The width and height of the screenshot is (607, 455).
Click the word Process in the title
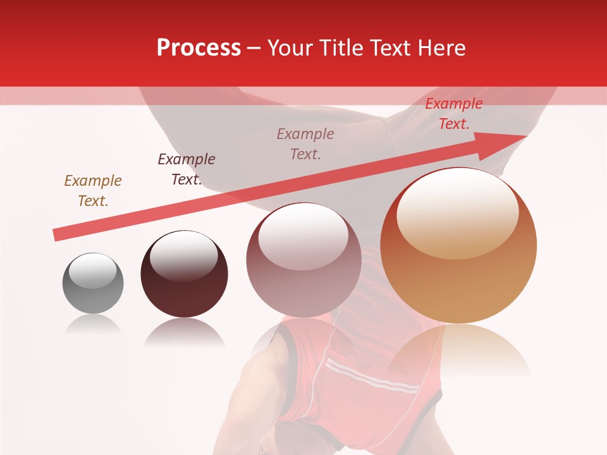point(199,48)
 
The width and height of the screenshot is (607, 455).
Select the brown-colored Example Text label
point(93,191)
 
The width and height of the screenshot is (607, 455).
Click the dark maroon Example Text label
point(187,169)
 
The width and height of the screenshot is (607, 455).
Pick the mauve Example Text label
point(305,144)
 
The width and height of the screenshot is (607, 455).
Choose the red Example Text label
point(454,114)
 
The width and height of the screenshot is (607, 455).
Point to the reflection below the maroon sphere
point(184,332)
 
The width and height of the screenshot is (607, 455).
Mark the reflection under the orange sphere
point(458,351)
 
